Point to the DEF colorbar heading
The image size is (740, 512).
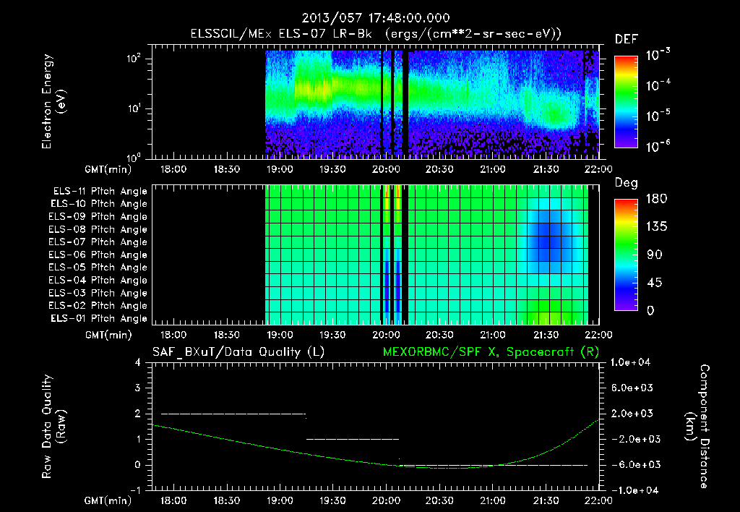[626, 39]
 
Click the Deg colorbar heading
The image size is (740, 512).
[626, 183]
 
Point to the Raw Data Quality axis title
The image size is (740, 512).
[53, 427]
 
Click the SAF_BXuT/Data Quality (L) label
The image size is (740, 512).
[238, 351]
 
